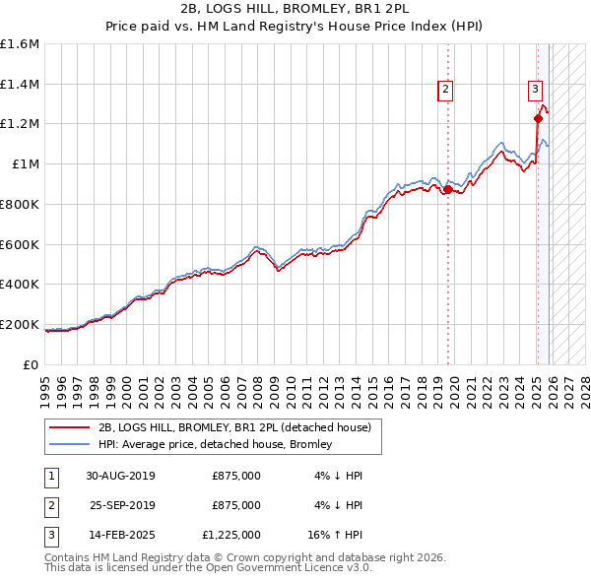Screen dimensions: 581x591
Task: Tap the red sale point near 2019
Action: [x=447, y=189]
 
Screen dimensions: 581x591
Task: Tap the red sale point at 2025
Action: [x=538, y=119]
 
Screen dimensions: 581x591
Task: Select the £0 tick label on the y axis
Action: [x=33, y=364]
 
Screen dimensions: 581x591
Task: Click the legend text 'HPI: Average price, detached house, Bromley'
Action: [x=215, y=444]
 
